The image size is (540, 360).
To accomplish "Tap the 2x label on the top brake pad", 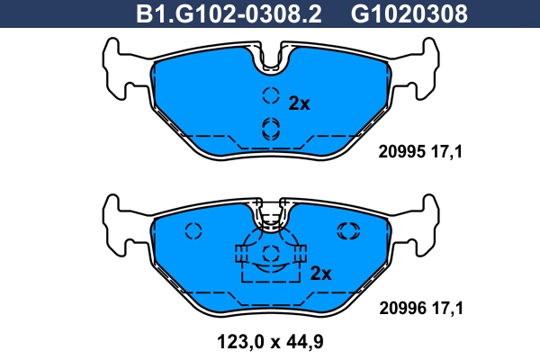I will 299,103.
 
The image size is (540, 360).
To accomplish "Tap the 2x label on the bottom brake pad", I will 321,273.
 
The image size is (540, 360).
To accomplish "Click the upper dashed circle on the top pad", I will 270,97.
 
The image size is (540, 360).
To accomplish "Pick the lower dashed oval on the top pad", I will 270,129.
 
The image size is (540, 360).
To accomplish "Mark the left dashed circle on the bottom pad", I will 193,231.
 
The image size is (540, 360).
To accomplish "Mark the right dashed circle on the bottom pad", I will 347,231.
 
